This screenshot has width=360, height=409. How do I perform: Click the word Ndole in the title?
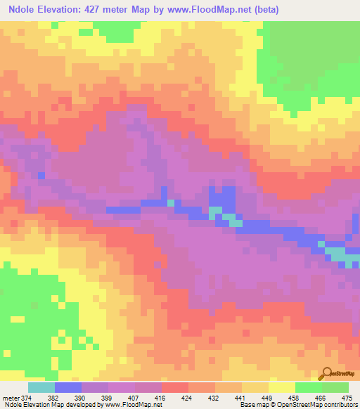[25, 10]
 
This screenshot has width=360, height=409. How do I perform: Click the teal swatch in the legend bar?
[41, 387]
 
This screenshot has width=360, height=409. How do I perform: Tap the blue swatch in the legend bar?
[68, 387]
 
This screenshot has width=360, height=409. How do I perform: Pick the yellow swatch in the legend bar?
[282, 387]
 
